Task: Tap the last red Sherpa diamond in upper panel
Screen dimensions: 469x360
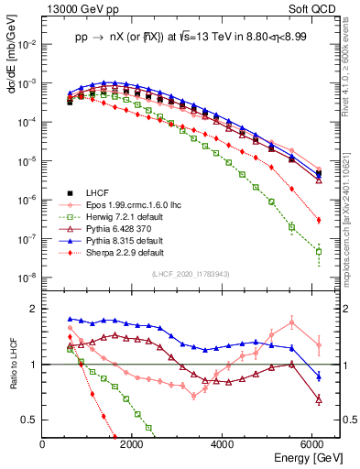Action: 318,220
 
